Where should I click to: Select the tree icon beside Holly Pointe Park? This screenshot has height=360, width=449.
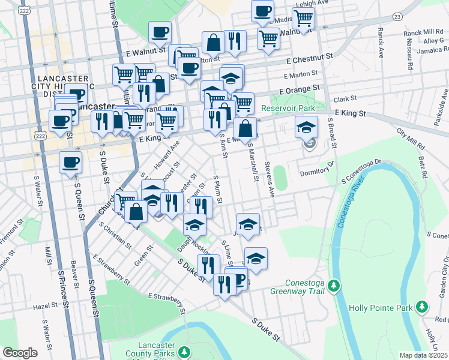(x=422, y=308)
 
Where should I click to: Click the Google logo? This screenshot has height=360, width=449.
(x=20, y=352)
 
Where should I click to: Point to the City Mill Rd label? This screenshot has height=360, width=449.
(x=411, y=139)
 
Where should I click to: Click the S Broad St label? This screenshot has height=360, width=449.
(x=331, y=134)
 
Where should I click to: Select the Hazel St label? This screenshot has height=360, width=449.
(x=45, y=306)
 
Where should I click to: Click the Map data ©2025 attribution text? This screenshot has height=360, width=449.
(x=423, y=355)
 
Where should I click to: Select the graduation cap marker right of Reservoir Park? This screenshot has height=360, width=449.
(x=306, y=127)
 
